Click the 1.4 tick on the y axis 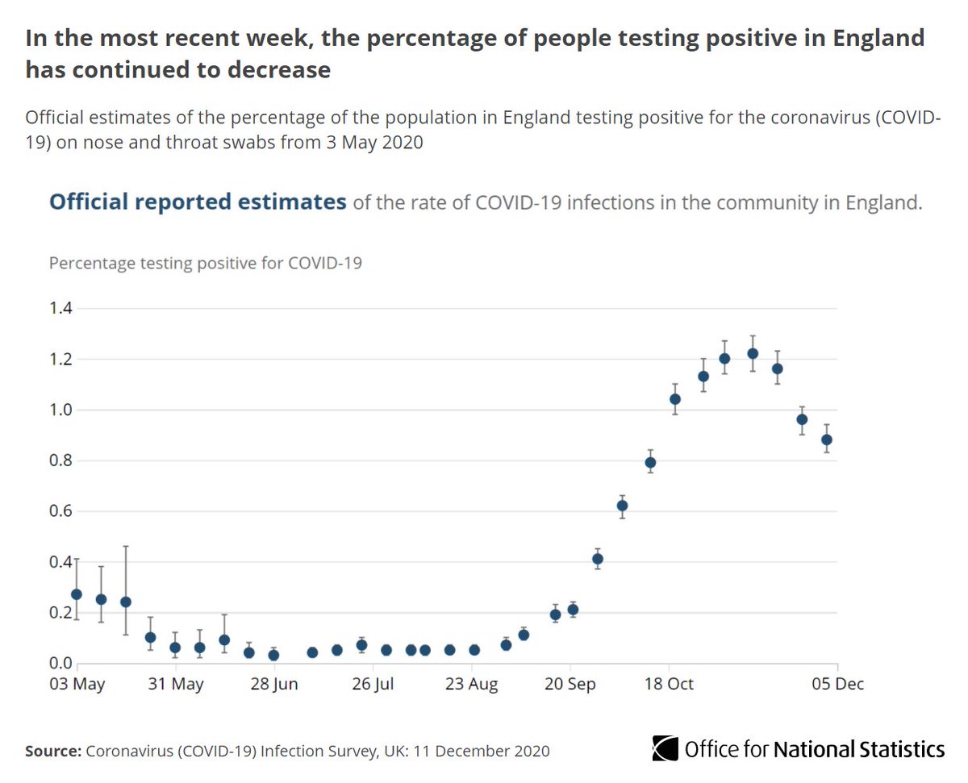point(60,309)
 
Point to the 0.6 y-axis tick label point(60,511)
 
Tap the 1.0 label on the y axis point(60,410)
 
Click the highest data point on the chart point(753,353)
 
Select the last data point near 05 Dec point(827,439)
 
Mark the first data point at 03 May point(77,594)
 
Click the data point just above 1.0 point(675,399)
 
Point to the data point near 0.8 point(650,462)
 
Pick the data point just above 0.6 point(622,506)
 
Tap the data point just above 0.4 point(598,559)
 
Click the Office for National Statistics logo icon point(665,748)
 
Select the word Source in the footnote point(52,751)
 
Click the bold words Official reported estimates point(198,202)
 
